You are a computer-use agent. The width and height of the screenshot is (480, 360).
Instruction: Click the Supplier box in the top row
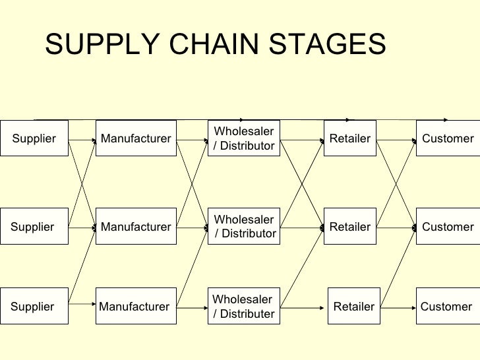point(34,138)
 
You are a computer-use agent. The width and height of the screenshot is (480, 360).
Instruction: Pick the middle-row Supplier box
point(34,227)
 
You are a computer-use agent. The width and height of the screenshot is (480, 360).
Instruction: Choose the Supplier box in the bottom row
point(34,307)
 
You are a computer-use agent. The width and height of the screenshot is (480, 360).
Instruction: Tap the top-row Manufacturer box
point(136,138)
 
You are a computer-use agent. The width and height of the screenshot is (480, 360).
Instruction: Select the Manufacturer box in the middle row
point(136,227)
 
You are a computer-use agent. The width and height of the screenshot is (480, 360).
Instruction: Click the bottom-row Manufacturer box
point(135,307)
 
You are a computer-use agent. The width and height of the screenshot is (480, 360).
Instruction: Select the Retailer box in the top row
point(350,138)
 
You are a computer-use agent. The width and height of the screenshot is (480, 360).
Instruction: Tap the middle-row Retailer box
point(350,227)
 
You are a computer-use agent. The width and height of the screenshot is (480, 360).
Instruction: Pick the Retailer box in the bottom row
point(354,307)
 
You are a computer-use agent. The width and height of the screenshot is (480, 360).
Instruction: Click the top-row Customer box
point(448,138)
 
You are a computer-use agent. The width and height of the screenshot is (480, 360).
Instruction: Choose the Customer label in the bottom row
point(446,307)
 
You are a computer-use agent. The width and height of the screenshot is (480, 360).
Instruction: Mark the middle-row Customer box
point(448,227)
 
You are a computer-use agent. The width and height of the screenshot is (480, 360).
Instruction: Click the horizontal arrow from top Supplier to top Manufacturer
point(82,140)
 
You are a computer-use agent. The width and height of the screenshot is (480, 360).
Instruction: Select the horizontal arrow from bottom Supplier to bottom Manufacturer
point(82,304)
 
